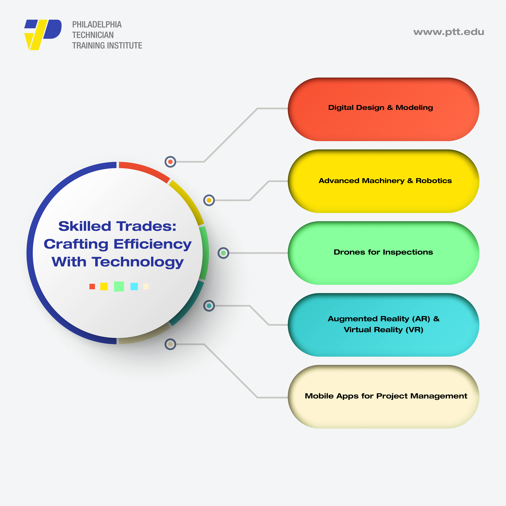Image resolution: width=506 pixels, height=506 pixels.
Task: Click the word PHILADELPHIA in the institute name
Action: tap(97, 25)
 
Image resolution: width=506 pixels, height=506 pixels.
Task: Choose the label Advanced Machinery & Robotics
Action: tap(385, 181)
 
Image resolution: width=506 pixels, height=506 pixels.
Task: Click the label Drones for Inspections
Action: tap(383, 252)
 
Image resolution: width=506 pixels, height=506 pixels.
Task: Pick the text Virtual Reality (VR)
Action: tap(383, 330)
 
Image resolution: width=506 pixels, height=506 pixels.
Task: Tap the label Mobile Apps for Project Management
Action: tap(386, 396)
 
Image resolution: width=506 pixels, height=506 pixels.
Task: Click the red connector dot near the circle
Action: tap(170, 162)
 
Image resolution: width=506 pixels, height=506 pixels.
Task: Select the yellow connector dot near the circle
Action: tap(209, 200)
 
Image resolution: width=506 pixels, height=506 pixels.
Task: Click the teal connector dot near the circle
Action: tap(209, 306)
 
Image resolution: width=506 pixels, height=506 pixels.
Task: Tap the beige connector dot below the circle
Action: tap(170, 344)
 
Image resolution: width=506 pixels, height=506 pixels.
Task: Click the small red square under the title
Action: tap(92, 287)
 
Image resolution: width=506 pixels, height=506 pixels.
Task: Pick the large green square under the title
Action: tap(119, 287)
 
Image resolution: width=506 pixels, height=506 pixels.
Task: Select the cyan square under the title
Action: tap(134, 287)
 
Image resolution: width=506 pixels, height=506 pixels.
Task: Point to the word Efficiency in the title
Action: tap(152, 244)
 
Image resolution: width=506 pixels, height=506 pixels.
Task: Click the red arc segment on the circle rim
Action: tap(144, 170)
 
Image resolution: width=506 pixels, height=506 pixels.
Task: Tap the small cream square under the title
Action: tap(146, 287)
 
